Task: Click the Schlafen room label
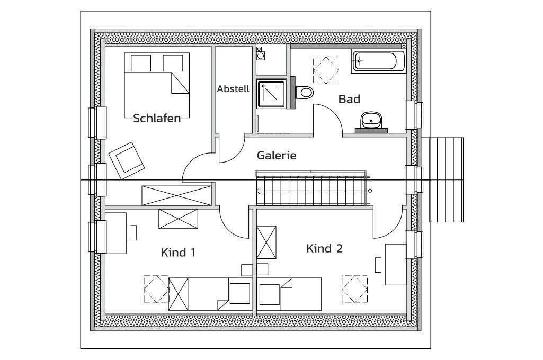(x=157, y=118)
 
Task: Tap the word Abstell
(x=233, y=89)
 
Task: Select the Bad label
(x=349, y=99)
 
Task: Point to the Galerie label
(x=276, y=156)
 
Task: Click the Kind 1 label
(x=178, y=253)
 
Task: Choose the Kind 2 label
(x=324, y=248)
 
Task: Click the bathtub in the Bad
(x=378, y=61)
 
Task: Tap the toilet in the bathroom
(x=304, y=93)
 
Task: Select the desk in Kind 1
(x=116, y=233)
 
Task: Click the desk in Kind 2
(x=395, y=264)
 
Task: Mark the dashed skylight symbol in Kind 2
(x=354, y=289)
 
